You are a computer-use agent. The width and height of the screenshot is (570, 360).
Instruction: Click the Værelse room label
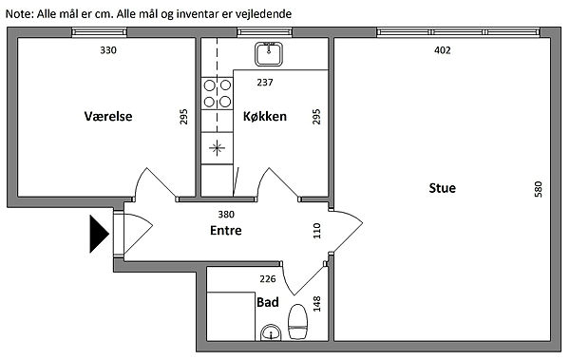click(x=108, y=117)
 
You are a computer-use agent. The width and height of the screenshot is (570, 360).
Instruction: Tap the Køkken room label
click(x=265, y=117)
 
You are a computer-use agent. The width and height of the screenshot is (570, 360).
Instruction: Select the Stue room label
click(x=443, y=188)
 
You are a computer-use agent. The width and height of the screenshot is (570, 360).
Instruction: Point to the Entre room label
click(x=226, y=230)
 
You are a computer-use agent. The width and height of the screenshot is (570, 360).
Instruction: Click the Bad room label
click(x=268, y=302)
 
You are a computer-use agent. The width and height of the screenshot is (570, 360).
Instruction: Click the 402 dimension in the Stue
click(x=443, y=50)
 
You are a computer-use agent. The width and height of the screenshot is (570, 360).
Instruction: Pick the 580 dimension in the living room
click(x=539, y=189)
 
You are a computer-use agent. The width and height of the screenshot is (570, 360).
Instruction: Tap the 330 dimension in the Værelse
click(x=108, y=50)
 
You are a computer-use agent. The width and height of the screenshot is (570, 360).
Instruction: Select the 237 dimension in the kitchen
click(x=265, y=83)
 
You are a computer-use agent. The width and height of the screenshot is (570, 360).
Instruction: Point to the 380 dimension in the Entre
click(x=226, y=215)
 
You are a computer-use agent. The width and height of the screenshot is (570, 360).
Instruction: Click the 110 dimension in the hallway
click(x=316, y=231)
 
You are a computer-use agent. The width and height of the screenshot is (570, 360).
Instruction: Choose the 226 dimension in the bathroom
click(x=268, y=279)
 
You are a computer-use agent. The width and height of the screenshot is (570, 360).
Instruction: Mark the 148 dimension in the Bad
click(x=317, y=304)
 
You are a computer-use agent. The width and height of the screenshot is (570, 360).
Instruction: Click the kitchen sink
click(x=269, y=54)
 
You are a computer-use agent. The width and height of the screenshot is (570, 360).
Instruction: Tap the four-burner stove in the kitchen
click(x=217, y=93)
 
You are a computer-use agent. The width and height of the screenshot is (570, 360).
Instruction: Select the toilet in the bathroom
click(x=298, y=322)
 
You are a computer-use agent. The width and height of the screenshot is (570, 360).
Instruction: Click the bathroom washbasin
click(x=271, y=332)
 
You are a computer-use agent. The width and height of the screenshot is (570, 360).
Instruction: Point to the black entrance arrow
click(x=99, y=234)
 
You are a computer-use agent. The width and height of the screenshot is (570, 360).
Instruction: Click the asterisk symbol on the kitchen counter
click(x=217, y=148)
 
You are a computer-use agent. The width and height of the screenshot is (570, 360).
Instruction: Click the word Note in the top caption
click(x=19, y=14)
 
